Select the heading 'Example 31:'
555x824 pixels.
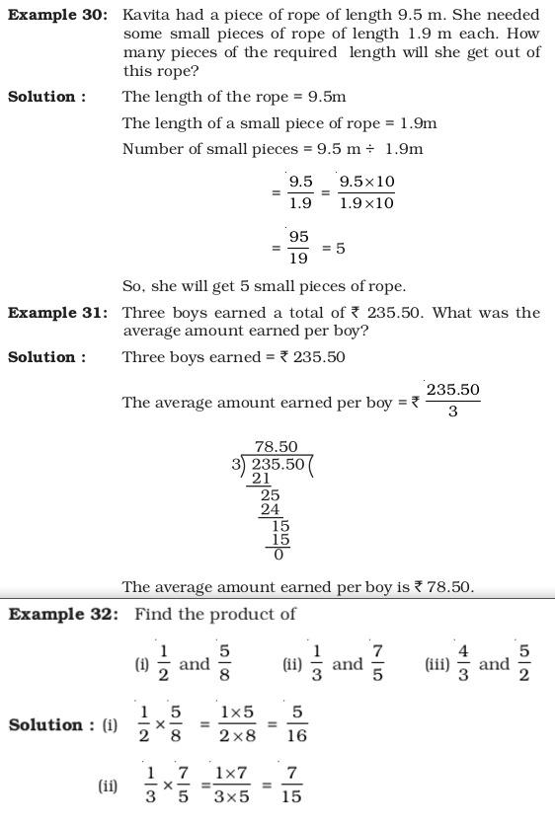pos(57,313)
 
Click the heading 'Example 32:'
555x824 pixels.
pos(63,614)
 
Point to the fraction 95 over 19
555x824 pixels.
pos(298,248)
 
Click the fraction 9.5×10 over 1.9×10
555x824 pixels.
pos(366,192)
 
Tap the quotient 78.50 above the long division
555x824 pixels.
pos(276,447)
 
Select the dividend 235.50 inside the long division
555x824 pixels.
pos(277,463)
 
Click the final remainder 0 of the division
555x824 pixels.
pos(278,555)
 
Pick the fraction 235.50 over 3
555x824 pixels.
pos(452,400)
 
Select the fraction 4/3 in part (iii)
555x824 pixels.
pos(463,663)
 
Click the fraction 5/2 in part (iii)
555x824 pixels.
pos(524,663)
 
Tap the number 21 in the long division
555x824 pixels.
pos(261,479)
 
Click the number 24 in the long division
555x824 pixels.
pos(270,510)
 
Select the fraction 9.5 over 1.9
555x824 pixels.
pos(300,192)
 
